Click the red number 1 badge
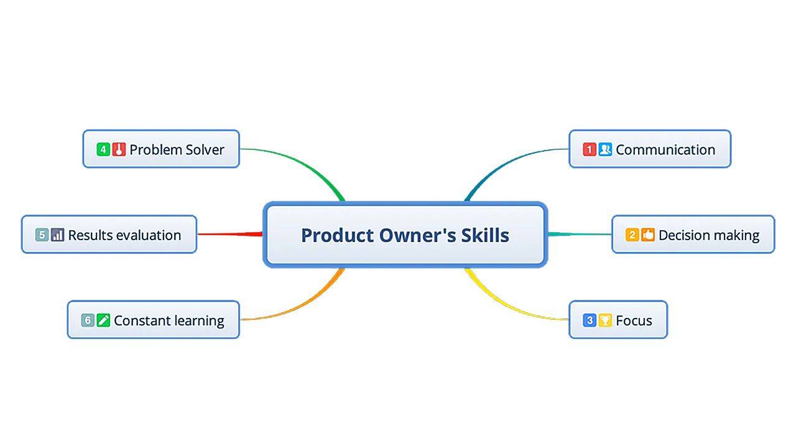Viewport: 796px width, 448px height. click(x=589, y=149)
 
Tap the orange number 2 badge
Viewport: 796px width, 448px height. click(x=632, y=235)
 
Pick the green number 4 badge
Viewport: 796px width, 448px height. click(x=103, y=149)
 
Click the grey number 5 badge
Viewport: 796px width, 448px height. click(x=42, y=235)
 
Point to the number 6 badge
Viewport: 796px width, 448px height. click(x=88, y=320)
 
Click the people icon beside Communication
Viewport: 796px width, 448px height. click(x=605, y=149)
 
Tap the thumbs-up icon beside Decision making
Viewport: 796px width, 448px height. click(x=648, y=235)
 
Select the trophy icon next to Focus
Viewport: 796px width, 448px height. click(x=605, y=320)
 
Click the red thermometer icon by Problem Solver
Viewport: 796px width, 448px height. click(x=119, y=149)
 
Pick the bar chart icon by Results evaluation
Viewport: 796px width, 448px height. click(x=58, y=235)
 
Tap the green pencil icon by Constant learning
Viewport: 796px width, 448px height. click(x=103, y=320)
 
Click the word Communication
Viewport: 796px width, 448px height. click(x=665, y=150)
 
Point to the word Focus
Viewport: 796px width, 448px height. click(x=634, y=321)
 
